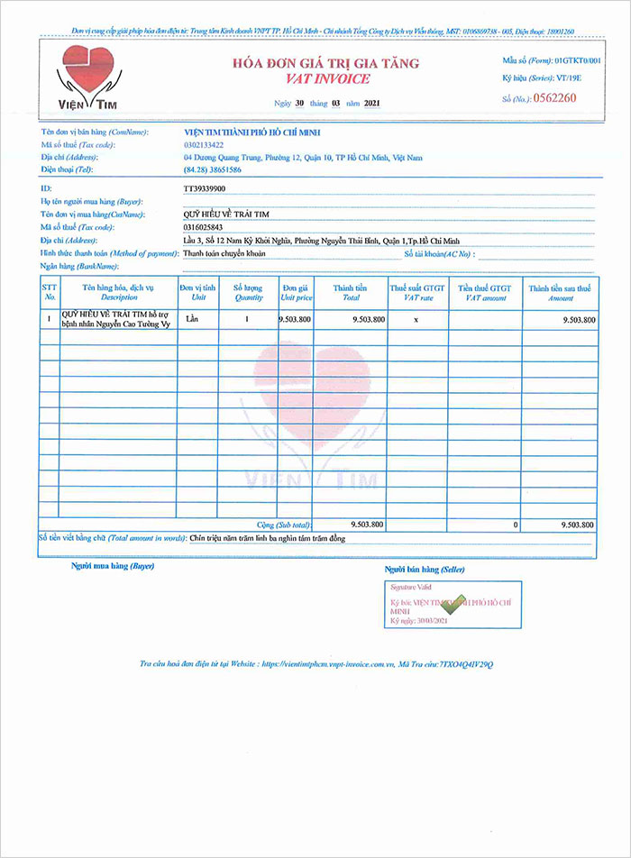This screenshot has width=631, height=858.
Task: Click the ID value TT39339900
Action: tap(205, 188)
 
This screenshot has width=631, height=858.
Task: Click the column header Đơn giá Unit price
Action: tap(296, 292)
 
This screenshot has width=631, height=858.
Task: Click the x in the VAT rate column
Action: tap(415, 320)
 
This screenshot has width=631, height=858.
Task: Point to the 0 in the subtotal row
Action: tap(516, 524)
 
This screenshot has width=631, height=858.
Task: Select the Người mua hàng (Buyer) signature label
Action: tap(113, 566)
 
